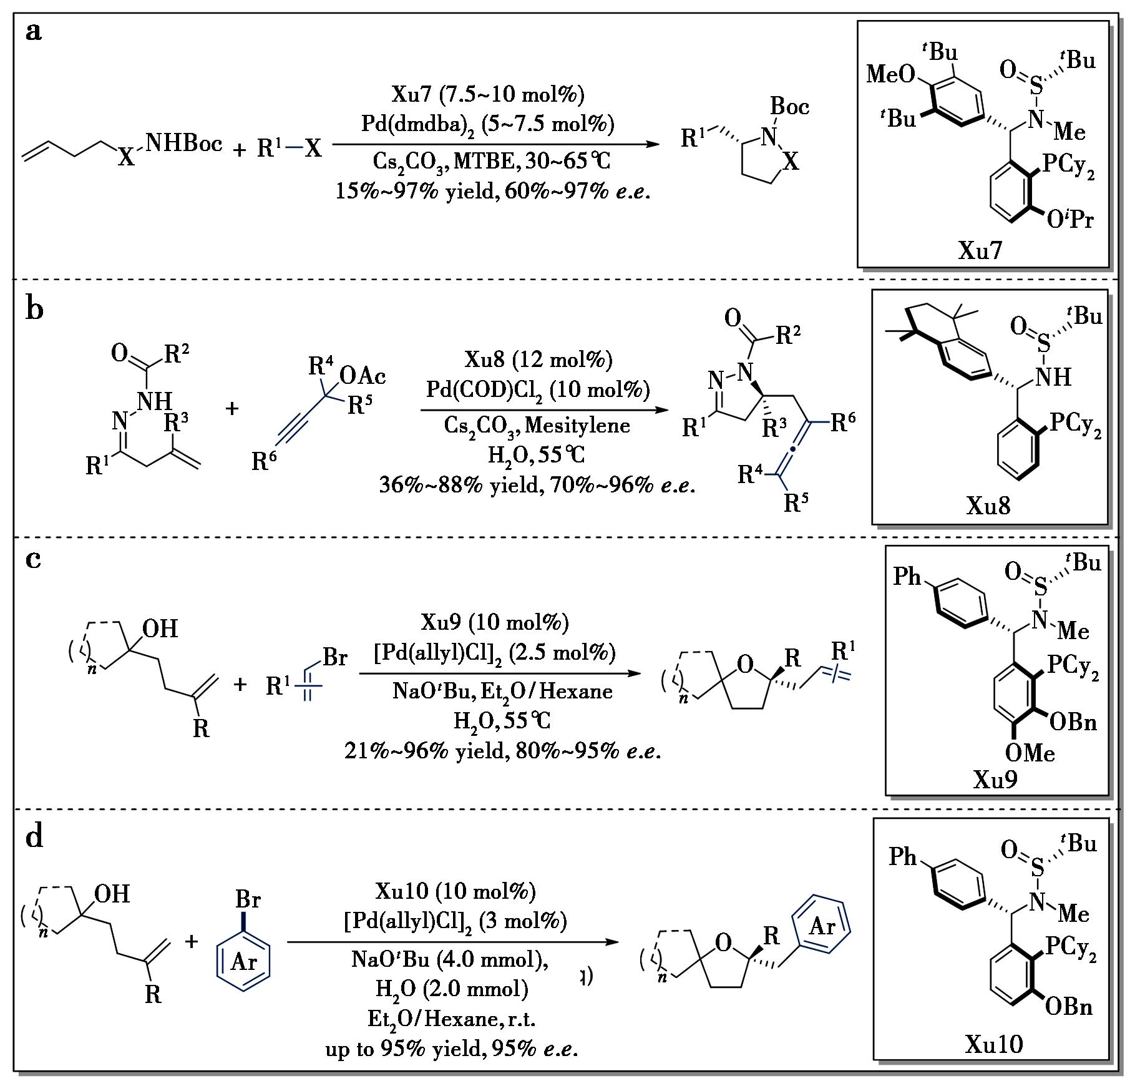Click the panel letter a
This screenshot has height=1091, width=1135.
tap(34, 31)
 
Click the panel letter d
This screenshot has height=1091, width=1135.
tap(34, 837)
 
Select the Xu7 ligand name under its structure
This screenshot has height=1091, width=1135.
tap(980, 250)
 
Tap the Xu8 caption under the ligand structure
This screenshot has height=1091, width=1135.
tap(988, 506)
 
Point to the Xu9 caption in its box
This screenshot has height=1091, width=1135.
tap(995, 780)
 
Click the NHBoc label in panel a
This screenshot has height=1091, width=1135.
tap(184, 144)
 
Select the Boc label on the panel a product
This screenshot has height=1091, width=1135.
tap(790, 106)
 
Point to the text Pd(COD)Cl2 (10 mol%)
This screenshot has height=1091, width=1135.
tap(538, 390)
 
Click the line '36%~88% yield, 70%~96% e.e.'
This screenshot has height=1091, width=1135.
tap(537, 484)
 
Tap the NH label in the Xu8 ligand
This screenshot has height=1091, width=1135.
tap(1054, 376)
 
